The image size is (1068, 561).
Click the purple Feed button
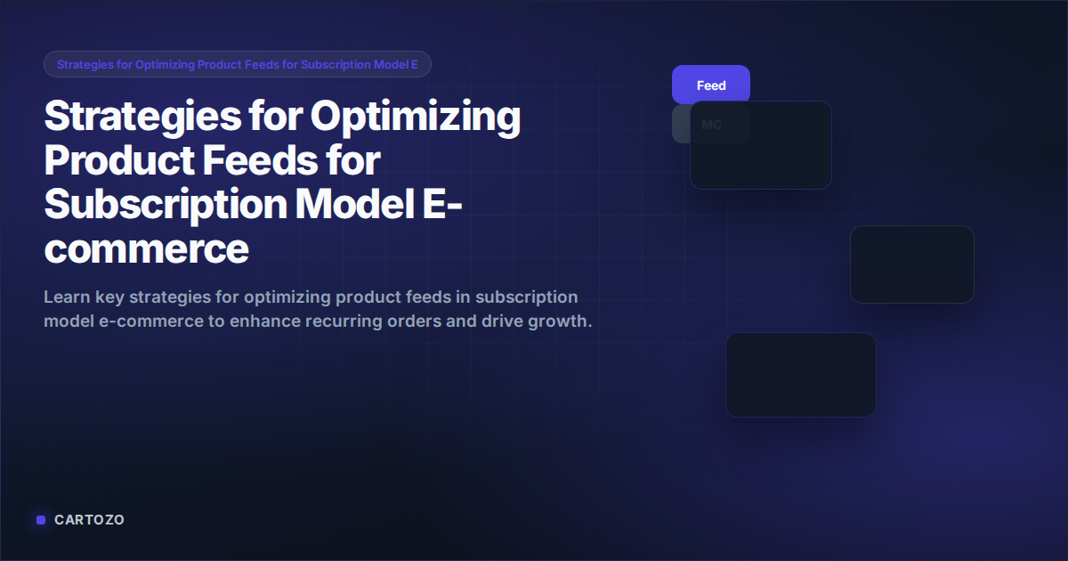tap(711, 85)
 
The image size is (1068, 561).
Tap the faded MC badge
tap(711, 125)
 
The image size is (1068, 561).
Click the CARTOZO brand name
tap(89, 520)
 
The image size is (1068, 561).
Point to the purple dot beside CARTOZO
tap(41, 520)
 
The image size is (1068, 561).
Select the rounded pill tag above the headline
tap(238, 64)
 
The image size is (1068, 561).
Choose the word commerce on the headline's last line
tap(146, 249)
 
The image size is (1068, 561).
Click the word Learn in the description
tap(66, 297)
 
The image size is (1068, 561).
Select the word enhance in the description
tap(263, 321)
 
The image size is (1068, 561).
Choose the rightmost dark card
tap(912, 264)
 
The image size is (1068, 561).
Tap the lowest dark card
tap(801, 375)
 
